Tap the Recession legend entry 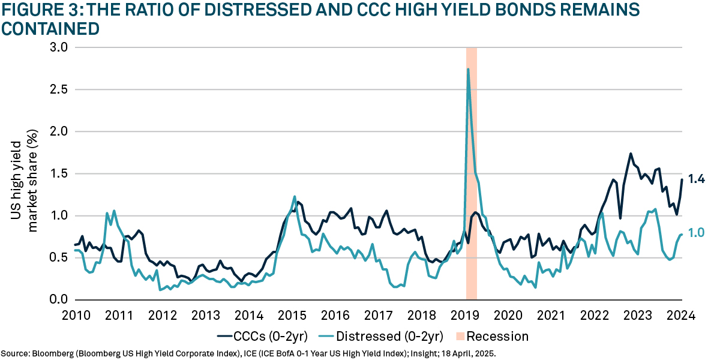point(497,336)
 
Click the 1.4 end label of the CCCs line point(696,179)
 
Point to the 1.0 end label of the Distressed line point(696,233)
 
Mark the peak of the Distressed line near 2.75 point(468,69)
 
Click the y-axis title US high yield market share point(25,173)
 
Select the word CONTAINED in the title point(50,28)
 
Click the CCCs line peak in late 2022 point(631,154)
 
